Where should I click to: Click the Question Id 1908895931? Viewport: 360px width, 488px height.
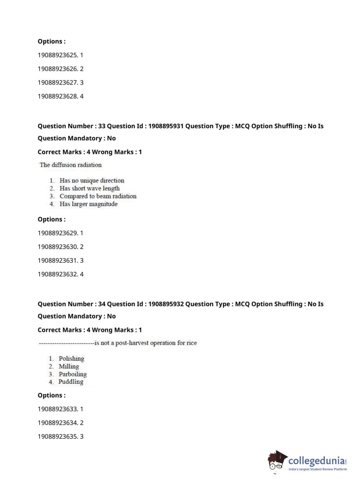(166, 126)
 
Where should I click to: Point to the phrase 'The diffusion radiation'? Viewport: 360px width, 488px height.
(70, 165)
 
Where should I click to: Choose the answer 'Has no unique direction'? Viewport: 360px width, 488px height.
(92, 180)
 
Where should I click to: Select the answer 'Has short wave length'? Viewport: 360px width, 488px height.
(90, 188)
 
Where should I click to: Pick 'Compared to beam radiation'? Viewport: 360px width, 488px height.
(98, 196)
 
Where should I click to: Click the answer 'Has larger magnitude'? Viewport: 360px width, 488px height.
(88, 204)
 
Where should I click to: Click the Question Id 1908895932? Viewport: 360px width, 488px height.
(166, 304)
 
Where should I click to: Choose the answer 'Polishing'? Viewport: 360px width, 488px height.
(71, 358)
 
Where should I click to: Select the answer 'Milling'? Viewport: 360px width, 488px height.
(69, 366)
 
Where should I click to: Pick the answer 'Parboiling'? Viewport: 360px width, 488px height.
(73, 374)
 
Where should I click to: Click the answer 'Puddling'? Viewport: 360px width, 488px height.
(71, 381)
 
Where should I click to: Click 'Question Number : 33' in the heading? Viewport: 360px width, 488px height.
(72, 126)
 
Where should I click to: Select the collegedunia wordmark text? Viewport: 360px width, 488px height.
(316, 461)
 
